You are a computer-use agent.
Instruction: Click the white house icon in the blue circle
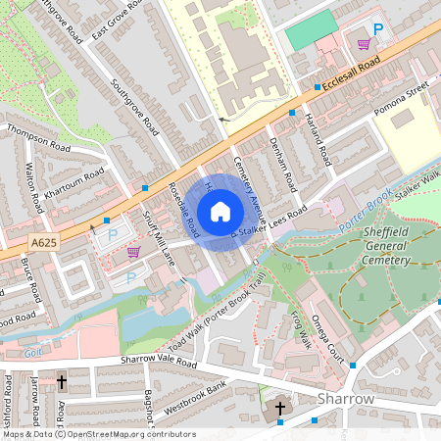click(x=220, y=212)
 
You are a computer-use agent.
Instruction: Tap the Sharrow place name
click(x=346, y=400)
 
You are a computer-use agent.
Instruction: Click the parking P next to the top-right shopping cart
click(x=377, y=31)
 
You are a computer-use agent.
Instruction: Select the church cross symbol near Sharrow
click(x=279, y=408)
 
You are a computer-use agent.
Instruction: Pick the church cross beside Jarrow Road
click(x=61, y=381)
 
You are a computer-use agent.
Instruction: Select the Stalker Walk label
click(x=419, y=180)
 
